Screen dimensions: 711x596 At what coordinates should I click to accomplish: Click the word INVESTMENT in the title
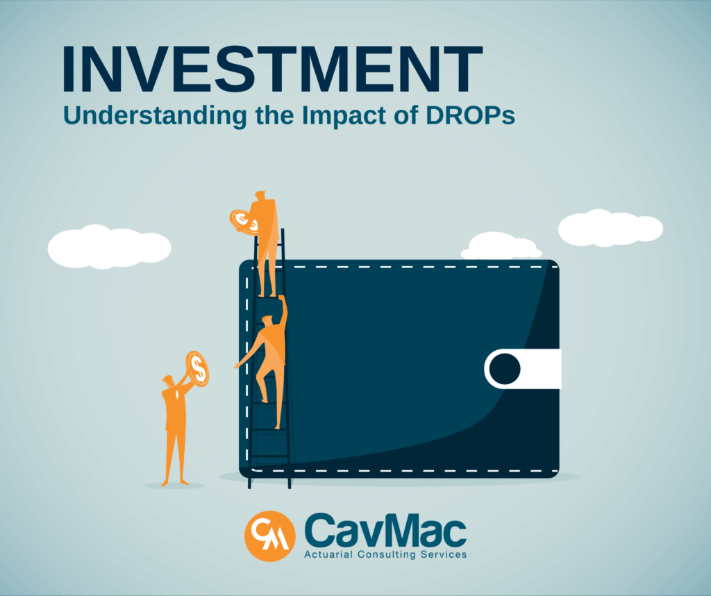coord(271,69)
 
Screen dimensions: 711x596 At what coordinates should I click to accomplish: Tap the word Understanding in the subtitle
coord(155,116)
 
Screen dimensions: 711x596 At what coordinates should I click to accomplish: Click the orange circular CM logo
coord(270,536)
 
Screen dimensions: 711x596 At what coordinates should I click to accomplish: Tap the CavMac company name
coord(385,530)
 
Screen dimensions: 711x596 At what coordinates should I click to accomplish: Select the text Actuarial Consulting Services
coord(385,554)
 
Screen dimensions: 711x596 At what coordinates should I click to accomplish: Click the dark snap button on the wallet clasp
coord(505,369)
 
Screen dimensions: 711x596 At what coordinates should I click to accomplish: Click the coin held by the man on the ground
coord(197,368)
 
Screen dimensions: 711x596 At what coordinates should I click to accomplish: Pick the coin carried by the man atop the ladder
coord(244,222)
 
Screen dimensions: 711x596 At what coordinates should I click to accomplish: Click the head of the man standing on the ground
coord(169,381)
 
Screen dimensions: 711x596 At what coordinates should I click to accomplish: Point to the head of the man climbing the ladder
coord(267,320)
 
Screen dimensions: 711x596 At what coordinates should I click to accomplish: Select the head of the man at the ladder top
coord(260,196)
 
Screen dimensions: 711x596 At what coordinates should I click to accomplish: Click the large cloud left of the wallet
coord(109,247)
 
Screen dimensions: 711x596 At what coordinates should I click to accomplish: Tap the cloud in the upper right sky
coord(610,228)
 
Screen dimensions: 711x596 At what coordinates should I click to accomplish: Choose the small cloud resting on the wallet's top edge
coord(501,247)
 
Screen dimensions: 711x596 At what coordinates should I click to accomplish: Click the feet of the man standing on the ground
coord(174,481)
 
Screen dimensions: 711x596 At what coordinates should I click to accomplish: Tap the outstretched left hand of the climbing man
coord(237,365)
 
